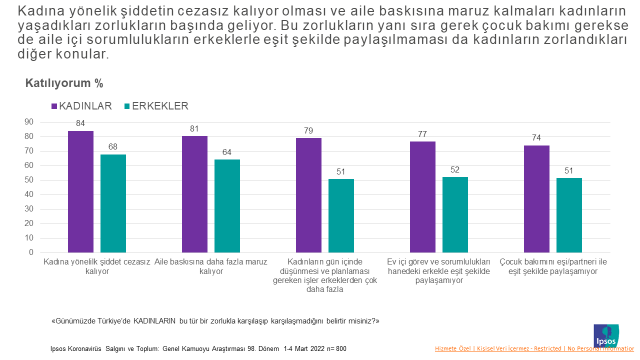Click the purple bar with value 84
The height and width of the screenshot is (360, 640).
click(81, 190)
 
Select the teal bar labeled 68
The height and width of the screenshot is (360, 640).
click(113, 201)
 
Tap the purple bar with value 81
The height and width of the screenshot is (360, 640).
click(194, 192)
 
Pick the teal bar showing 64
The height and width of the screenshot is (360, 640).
click(227, 204)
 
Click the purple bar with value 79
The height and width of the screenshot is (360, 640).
click(309, 193)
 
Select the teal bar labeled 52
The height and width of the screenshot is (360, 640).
click(455, 212)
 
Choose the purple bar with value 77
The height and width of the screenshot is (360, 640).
click(423, 195)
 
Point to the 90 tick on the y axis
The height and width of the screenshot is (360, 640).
click(29, 122)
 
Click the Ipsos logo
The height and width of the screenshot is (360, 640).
click(607, 333)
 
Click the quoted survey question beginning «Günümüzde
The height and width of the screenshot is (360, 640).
click(215, 320)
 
